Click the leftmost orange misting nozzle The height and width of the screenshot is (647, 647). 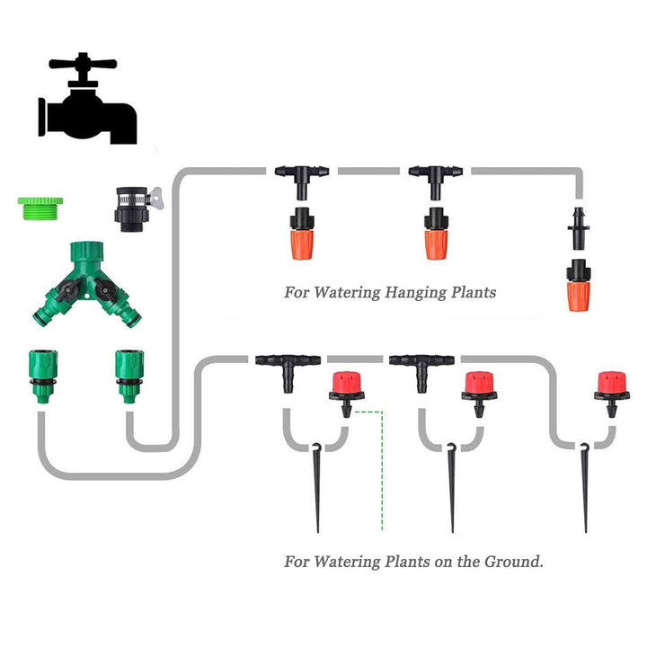pos(299,236)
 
